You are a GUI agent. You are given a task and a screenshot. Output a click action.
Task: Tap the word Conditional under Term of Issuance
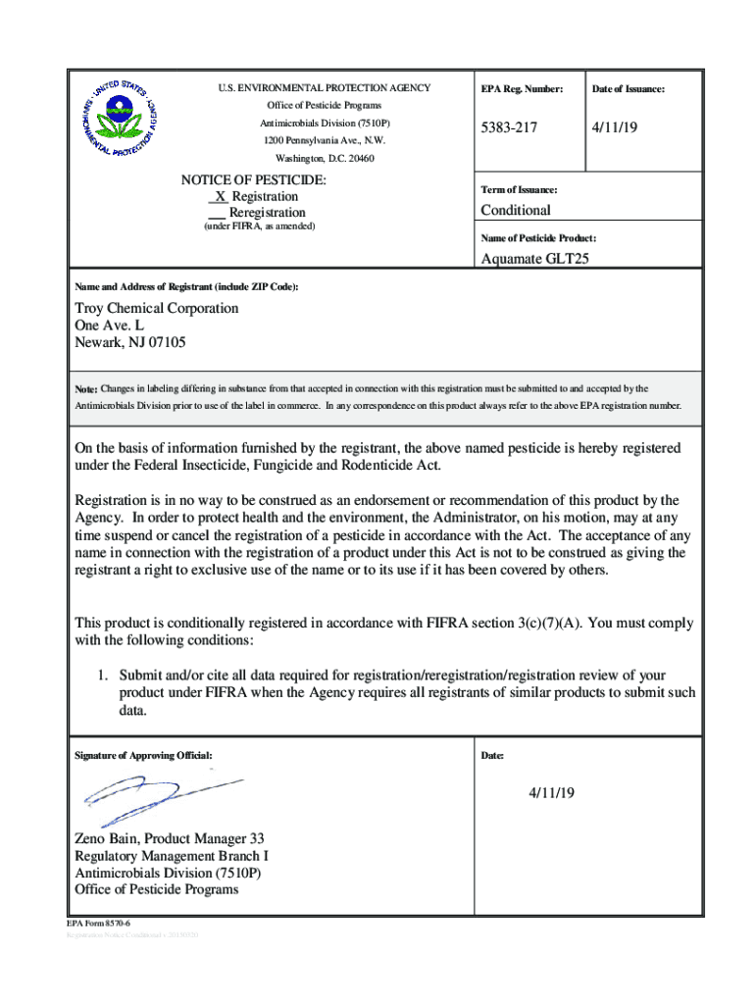coord(515,210)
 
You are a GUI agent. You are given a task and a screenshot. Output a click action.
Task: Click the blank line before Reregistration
coord(217,213)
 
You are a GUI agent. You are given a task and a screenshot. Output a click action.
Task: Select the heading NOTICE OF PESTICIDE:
coord(253,180)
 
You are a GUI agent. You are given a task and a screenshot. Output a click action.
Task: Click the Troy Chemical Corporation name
coord(157,308)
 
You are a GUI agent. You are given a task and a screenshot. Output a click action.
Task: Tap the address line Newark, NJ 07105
coord(130,343)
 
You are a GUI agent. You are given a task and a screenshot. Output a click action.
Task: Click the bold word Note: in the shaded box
coord(86,389)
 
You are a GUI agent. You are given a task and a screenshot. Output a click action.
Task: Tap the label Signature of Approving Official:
coord(143,756)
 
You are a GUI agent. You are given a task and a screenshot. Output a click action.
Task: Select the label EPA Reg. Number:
coord(522,89)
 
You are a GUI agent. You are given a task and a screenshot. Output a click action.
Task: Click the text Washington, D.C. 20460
coord(325,158)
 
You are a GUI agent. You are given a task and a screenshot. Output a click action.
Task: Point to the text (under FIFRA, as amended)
coord(259,226)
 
